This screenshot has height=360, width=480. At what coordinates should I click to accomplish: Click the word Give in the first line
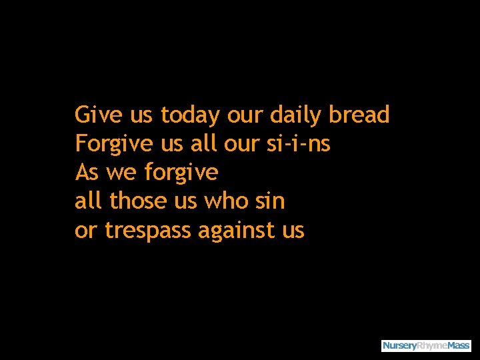(x=99, y=115)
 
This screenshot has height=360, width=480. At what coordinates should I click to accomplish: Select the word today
(x=189, y=115)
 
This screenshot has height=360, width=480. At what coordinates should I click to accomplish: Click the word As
(x=87, y=173)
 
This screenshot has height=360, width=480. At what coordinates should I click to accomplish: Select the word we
(x=121, y=173)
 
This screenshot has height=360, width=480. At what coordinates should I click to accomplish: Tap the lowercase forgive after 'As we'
(x=181, y=173)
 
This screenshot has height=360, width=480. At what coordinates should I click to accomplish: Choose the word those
(x=134, y=201)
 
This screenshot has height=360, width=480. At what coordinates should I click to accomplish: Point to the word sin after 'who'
(x=270, y=201)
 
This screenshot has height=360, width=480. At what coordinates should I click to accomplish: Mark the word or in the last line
(x=86, y=231)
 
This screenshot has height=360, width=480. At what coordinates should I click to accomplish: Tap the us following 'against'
(x=293, y=231)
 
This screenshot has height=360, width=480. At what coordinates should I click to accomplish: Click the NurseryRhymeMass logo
(x=426, y=345)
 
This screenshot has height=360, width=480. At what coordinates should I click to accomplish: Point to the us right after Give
(x=141, y=115)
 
